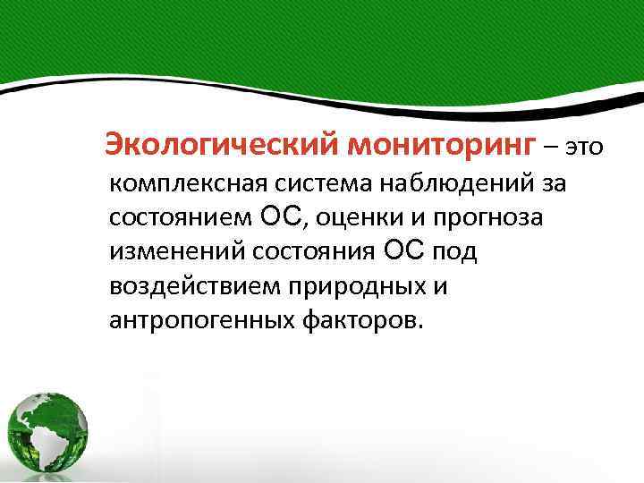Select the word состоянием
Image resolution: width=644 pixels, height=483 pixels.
click(182, 218)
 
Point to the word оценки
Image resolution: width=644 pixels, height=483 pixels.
click(360, 218)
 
